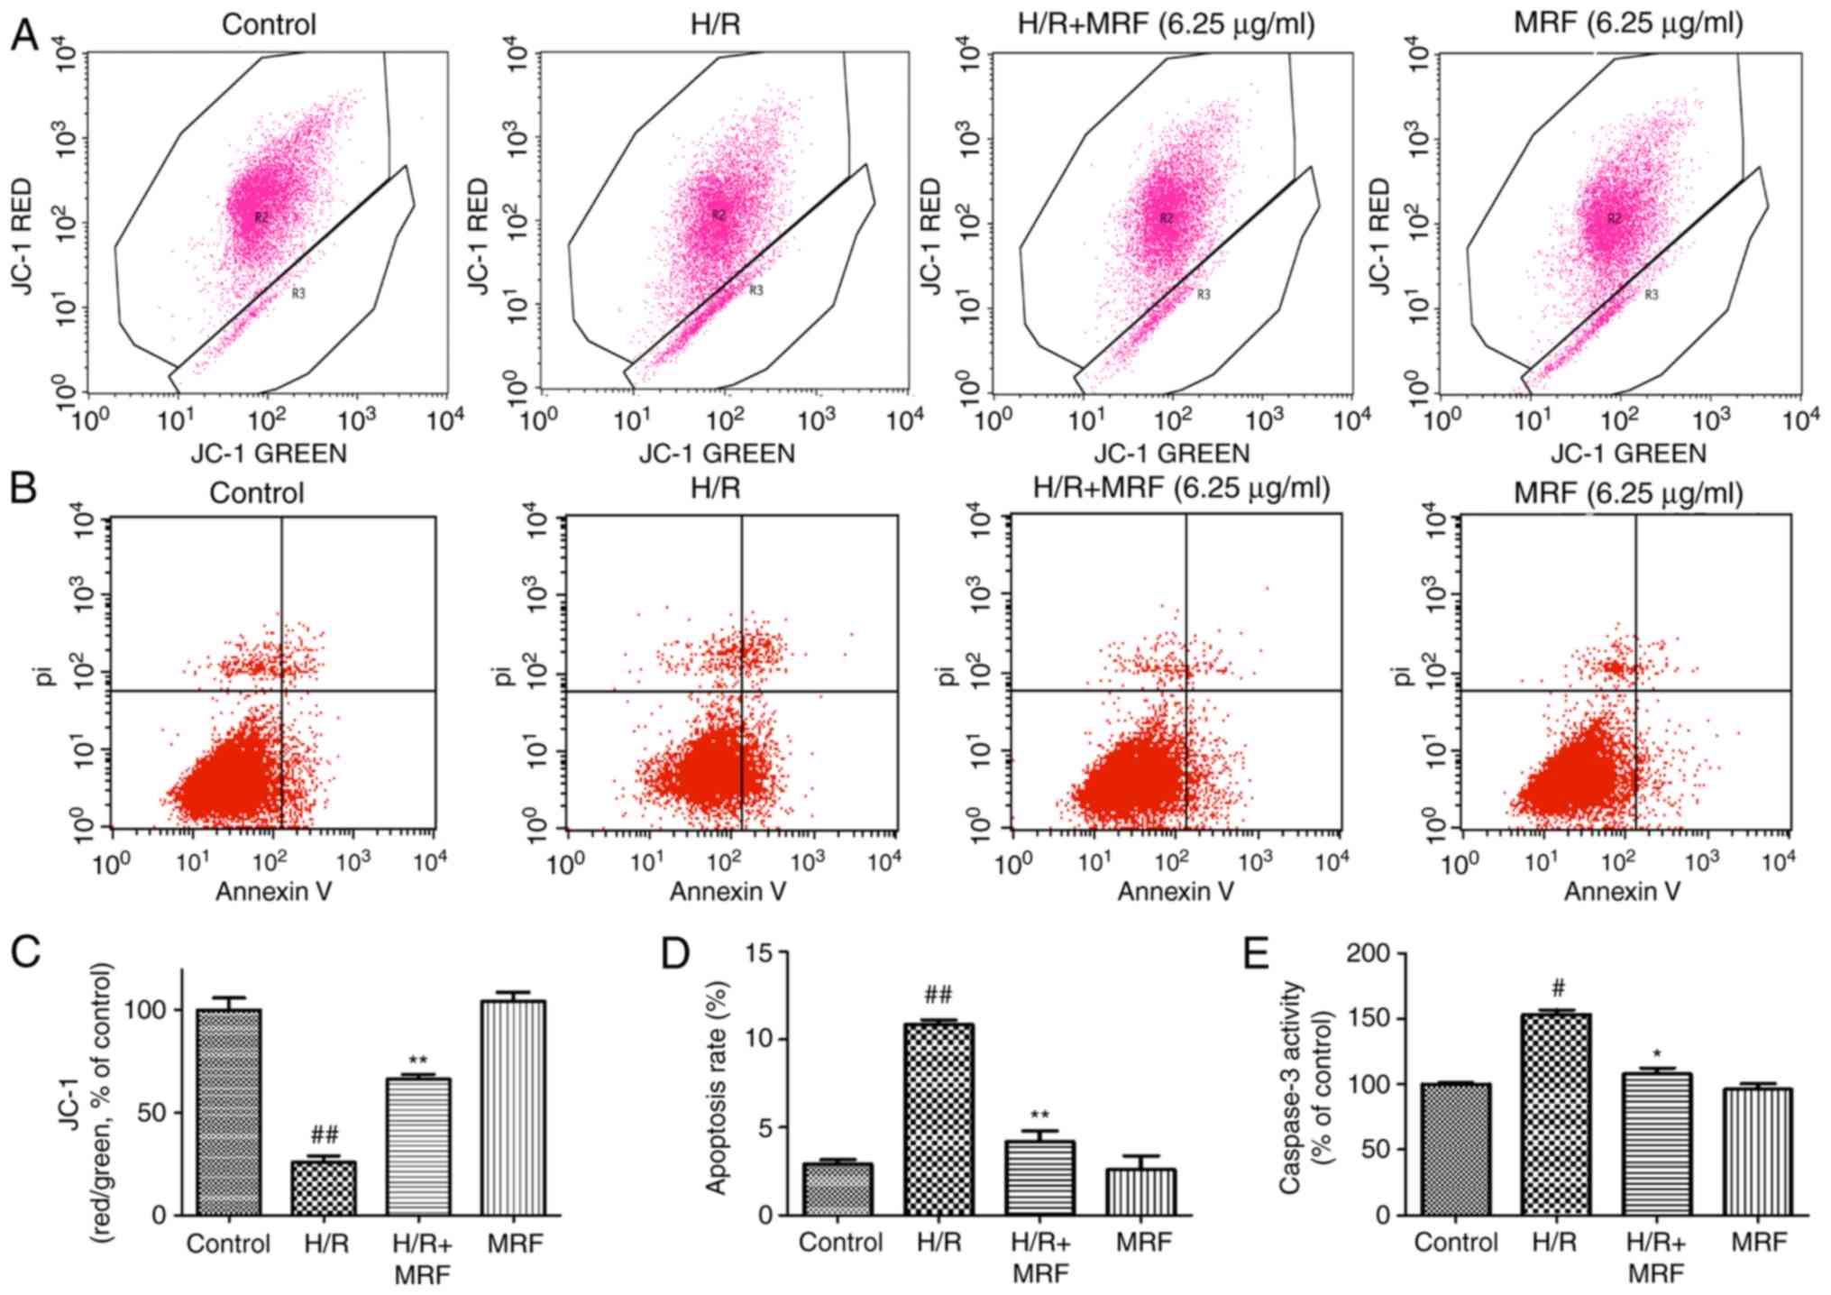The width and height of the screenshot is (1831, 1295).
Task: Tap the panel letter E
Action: [1257, 953]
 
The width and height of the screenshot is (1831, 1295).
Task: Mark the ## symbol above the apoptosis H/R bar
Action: [938, 996]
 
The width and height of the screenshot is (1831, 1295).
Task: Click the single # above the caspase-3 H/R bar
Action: [1554, 985]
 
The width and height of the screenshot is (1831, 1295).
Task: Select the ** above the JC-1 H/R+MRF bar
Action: [417, 1060]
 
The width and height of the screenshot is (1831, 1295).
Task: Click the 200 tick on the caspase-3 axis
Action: [1368, 953]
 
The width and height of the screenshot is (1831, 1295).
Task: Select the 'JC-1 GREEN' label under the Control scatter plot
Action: [269, 453]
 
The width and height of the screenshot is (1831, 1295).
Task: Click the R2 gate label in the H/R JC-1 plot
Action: [719, 215]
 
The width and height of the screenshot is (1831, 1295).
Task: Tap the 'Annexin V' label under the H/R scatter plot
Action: [728, 892]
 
